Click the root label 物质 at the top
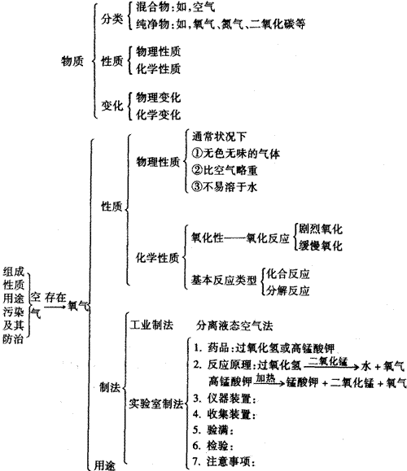72,61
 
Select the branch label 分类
112,19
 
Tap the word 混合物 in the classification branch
152,7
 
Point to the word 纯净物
152,24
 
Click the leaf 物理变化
158,98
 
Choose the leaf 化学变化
158,114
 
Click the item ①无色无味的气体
236,154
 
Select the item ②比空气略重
225,170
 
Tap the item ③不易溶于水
225,187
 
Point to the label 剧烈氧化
320,229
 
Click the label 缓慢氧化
320,246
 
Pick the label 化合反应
288,273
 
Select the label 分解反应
288,290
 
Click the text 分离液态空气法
234,325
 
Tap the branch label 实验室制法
156,403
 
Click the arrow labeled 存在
55,307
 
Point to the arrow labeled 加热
269,383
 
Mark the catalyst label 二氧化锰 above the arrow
328,360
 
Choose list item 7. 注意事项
224,461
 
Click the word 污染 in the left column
13,312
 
